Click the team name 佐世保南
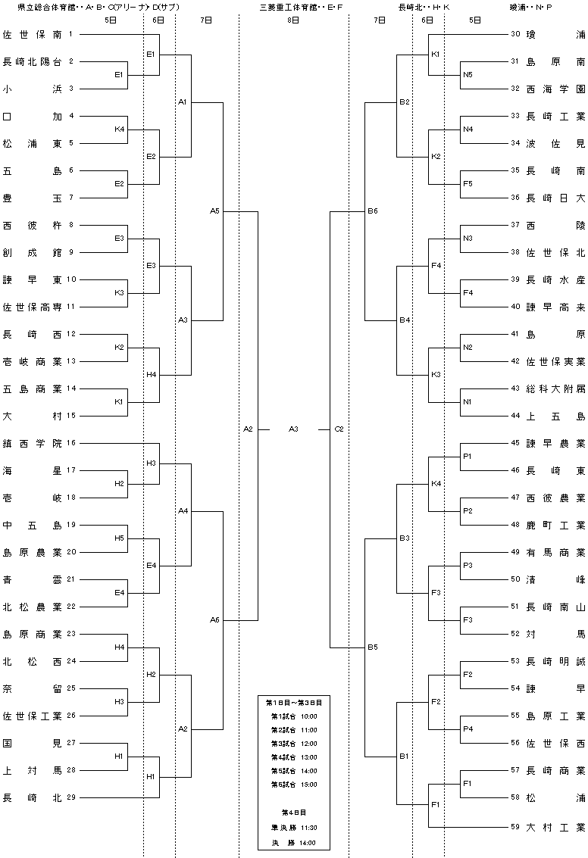point(33,35)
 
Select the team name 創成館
point(33,253)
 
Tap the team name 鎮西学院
point(33,444)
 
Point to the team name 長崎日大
point(555,198)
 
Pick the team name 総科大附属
point(555,389)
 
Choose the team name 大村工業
point(555,828)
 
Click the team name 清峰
point(555,579)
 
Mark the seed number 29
point(71,797)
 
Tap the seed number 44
point(515,415)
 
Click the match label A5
point(214,211)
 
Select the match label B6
point(373,211)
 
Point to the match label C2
point(339,429)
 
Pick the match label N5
point(468,74)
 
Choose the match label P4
point(468,729)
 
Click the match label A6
point(214,620)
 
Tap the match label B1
point(404,757)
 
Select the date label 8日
point(293,20)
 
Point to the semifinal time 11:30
point(309,828)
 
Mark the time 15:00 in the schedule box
point(309,784)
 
